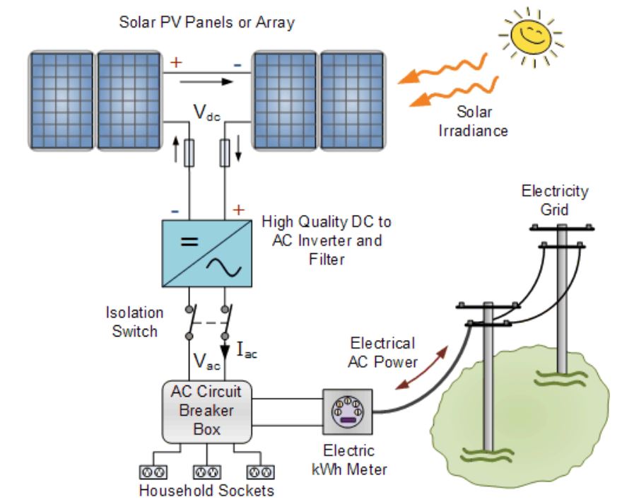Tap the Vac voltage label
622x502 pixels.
(208, 363)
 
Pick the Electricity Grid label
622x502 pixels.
(555, 199)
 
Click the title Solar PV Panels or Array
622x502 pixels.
(206, 23)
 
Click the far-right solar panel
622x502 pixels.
(351, 99)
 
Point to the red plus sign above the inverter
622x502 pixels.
(238, 210)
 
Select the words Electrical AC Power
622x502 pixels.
(382, 352)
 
